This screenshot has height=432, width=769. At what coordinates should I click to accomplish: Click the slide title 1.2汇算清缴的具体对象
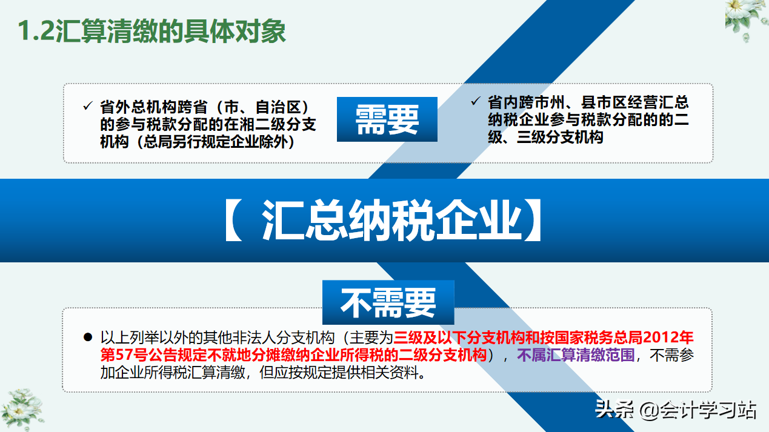pos(151,32)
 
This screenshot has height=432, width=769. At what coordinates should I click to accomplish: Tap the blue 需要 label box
pos(387,119)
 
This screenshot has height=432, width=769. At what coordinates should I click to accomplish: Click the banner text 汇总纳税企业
pos(391,222)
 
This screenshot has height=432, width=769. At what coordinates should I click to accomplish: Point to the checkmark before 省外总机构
pos(87,107)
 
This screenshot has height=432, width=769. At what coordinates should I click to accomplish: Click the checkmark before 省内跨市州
pos(475,101)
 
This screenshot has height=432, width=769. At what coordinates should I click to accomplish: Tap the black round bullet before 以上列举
pos(88,337)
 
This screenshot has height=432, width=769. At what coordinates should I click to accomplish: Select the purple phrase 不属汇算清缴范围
pos(576,355)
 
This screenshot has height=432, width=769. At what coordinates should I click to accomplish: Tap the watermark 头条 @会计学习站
pos(675,410)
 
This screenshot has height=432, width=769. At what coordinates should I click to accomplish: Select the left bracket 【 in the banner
pos(234,222)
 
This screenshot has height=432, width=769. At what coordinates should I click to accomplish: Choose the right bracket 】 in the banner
pos(533,222)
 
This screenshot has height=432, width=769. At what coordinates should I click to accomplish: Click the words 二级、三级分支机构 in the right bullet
pos(545,137)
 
